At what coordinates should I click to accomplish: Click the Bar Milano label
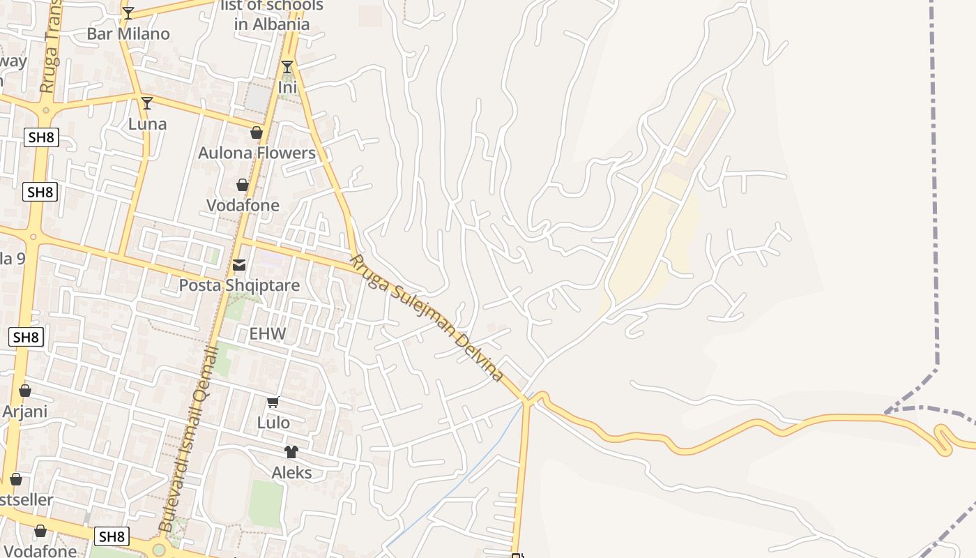tap(128, 33)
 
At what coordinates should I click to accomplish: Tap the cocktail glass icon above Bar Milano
tap(128, 13)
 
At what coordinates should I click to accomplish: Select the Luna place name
tap(148, 124)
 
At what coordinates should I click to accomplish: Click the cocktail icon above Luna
tap(147, 103)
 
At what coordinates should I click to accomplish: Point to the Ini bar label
tap(287, 88)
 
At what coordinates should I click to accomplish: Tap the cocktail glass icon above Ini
tap(287, 67)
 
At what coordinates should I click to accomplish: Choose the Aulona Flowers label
tap(257, 153)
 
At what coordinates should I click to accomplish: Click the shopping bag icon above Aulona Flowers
tap(257, 133)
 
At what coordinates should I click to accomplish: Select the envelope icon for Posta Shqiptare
tap(239, 265)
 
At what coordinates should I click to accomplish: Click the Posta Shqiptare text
tap(239, 285)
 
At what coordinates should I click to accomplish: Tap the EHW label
tap(268, 334)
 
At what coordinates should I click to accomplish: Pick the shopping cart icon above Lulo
tap(273, 402)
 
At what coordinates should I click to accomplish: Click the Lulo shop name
tap(273, 423)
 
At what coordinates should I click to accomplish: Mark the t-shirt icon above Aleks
tap(291, 452)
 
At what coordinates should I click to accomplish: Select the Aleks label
tap(291, 473)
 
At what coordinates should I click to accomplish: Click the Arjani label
tap(25, 412)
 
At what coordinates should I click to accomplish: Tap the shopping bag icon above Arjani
tap(25, 391)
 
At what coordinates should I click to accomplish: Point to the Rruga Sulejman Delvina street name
tap(426, 318)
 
